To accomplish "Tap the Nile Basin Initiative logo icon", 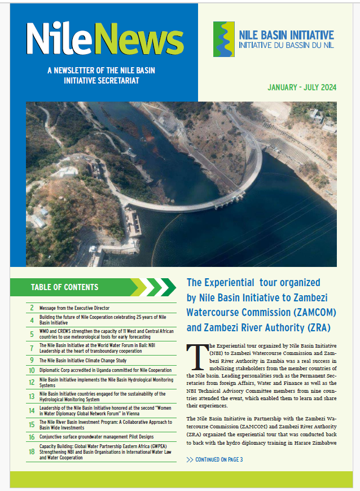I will [223, 40].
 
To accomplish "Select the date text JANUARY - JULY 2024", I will [302, 87].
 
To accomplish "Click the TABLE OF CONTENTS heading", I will [64, 287].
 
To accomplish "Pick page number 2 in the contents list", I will [32, 308].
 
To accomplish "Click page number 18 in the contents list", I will [32, 451].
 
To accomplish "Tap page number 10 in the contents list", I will [32, 371].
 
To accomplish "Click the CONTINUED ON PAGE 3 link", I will [214, 459].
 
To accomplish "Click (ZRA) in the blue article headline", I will [315, 327].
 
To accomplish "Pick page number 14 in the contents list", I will [32, 411].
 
